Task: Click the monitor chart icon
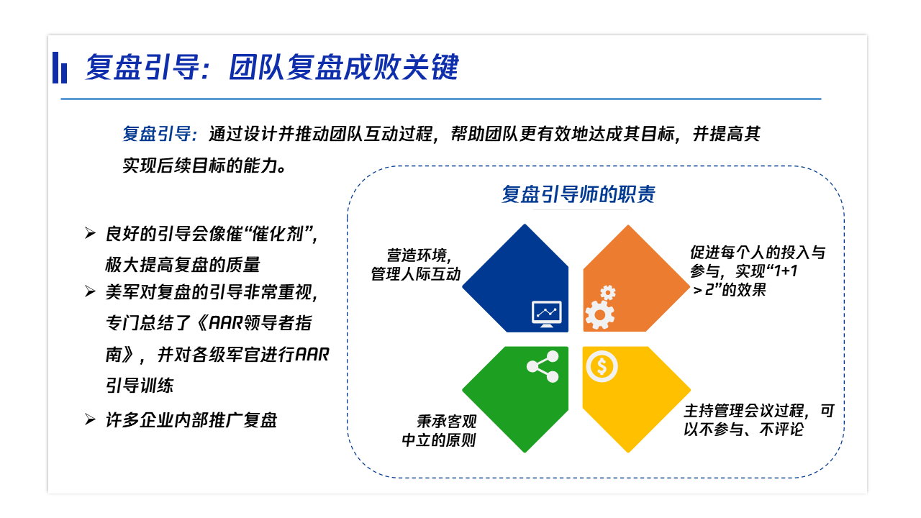pos(546,314)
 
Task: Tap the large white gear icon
pos(600,315)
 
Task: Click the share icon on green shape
pos(543,366)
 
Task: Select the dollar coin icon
pos(602,366)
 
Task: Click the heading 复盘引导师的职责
pos(578,194)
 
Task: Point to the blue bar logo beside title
pos(60,68)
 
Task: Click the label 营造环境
pos(417,255)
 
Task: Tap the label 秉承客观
pos(447,422)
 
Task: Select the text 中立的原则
pos(439,440)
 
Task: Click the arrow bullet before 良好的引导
pos(90,233)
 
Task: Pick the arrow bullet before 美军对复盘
pos(90,291)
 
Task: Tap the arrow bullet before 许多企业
pos(90,419)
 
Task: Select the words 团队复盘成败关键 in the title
pos(344,67)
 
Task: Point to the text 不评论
pos(781,430)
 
